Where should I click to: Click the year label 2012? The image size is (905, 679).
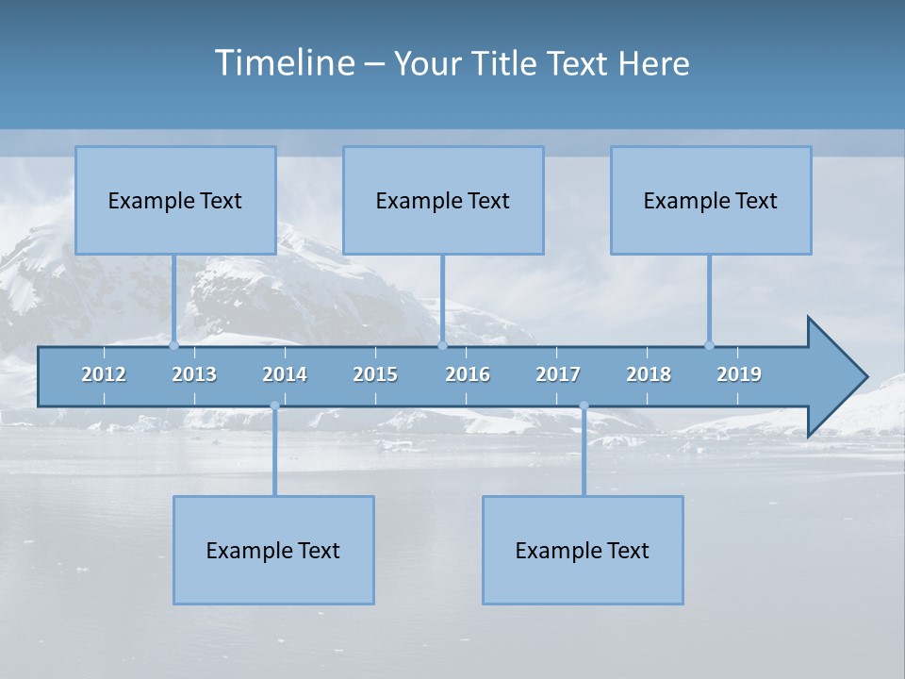(104, 374)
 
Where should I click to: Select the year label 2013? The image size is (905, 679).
(194, 374)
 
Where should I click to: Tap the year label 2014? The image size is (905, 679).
(285, 374)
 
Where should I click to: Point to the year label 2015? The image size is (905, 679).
(375, 374)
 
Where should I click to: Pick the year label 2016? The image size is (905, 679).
(468, 374)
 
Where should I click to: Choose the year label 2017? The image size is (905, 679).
(558, 374)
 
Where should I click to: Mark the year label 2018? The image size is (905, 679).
(649, 374)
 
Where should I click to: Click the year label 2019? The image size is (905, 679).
(739, 374)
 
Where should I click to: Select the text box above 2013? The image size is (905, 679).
(175, 200)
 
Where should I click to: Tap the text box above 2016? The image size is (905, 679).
(443, 200)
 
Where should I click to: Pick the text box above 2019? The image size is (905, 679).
(711, 200)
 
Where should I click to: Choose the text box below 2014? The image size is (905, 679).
(273, 550)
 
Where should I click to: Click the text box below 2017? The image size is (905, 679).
(583, 550)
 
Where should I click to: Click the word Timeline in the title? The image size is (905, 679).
(284, 63)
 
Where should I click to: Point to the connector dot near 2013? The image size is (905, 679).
(173, 345)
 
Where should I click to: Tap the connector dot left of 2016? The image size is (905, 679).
(442, 345)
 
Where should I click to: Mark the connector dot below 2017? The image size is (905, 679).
(584, 406)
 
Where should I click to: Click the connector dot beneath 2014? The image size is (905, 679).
(274, 406)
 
